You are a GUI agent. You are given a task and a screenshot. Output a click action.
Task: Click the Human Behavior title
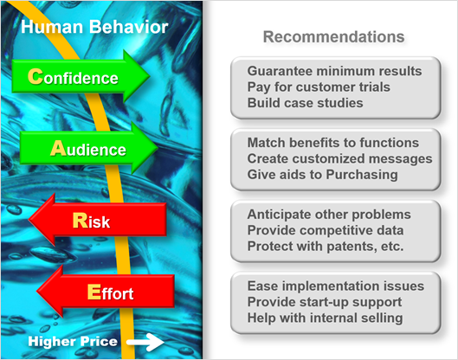point(94,27)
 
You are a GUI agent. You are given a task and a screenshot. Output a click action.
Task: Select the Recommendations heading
point(334,37)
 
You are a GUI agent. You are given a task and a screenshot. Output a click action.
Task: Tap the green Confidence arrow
point(81,76)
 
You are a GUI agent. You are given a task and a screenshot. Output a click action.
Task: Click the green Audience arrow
point(89,148)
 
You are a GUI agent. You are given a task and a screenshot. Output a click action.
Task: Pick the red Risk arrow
point(98,220)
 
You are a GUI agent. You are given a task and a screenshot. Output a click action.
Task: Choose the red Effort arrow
point(106,291)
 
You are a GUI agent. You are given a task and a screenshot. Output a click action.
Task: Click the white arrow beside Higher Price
point(145,342)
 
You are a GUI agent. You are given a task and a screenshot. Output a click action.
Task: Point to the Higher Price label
point(73,341)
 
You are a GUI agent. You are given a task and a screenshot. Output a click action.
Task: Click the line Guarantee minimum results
point(334,71)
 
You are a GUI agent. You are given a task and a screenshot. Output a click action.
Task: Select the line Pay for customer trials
point(319,87)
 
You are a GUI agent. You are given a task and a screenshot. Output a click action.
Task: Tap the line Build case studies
point(306,103)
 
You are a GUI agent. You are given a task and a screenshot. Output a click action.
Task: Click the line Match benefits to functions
point(333,143)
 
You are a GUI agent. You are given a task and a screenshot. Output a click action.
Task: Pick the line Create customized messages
point(339,158)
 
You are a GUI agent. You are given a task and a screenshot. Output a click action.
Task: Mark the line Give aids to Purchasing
point(322,175)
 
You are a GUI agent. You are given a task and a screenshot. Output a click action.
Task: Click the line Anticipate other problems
point(329,215)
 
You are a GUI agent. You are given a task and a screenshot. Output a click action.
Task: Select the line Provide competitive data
point(326,230)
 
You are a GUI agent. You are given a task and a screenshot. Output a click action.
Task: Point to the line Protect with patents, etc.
point(326,246)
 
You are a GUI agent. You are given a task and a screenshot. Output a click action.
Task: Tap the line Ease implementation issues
point(336,286)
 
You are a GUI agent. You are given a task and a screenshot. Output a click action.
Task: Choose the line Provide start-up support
point(325,302)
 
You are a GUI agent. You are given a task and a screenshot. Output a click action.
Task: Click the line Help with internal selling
point(325,318)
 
